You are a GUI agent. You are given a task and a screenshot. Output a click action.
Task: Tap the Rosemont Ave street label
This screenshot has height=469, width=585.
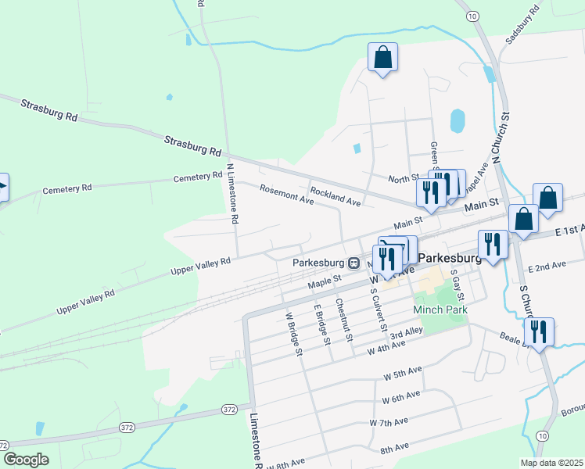point(287,195)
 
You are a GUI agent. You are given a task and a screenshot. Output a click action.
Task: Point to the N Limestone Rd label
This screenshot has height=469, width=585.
point(231,194)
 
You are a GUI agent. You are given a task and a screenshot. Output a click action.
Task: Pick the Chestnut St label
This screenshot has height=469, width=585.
point(344,320)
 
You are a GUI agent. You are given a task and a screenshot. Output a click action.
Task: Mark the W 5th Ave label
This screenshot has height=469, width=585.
point(403,375)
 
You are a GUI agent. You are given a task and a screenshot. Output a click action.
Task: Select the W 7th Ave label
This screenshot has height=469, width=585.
point(389,422)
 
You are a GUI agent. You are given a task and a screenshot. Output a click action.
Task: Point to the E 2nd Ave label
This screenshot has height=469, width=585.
point(547,267)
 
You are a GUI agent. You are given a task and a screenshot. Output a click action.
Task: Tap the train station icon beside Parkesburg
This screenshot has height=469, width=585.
point(354,263)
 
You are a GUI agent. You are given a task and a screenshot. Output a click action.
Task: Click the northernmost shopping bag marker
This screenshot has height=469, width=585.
point(382,57)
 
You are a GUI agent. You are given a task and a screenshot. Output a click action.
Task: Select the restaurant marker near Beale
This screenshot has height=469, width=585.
point(539,331)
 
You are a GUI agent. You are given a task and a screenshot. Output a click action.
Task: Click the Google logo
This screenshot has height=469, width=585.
point(27,459)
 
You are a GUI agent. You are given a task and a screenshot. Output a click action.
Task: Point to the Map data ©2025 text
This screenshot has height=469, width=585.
point(551,463)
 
